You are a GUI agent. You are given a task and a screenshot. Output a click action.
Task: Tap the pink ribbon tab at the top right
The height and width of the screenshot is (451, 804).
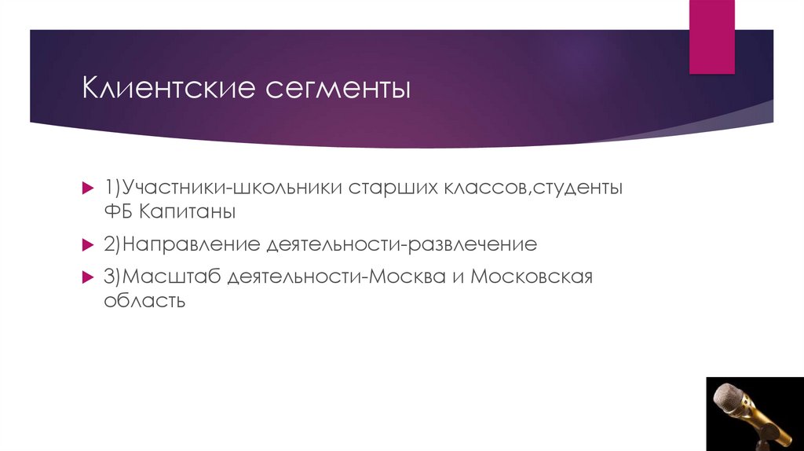711,36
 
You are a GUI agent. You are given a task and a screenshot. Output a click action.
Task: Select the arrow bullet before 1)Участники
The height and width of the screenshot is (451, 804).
88,189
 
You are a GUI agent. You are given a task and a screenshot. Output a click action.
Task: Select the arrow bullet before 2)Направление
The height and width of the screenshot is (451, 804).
88,245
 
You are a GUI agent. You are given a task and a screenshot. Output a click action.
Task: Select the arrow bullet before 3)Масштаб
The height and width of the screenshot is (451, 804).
88,277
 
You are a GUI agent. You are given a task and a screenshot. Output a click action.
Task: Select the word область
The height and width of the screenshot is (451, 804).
144,301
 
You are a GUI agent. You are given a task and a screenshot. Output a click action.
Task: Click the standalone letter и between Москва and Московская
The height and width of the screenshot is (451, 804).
456,278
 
